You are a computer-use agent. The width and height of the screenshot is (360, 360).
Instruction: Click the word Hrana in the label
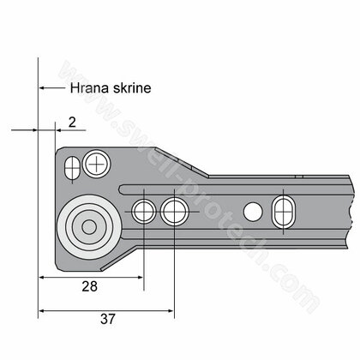point(89,88)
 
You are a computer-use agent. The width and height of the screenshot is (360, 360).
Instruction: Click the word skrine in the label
point(132,88)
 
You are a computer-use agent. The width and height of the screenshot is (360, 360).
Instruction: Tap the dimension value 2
point(72,123)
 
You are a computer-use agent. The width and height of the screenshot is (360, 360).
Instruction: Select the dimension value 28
point(90,286)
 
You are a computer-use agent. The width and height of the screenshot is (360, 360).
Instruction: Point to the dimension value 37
point(108,319)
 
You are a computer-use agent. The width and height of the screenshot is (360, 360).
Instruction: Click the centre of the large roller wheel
point(89,227)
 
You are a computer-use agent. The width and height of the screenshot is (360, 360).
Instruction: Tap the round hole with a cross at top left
point(97,164)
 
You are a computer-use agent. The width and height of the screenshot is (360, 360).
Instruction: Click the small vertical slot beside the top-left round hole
point(72,167)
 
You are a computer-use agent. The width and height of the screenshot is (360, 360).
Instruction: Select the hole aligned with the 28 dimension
point(144,212)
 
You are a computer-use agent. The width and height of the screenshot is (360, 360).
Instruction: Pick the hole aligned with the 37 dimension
point(175,212)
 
